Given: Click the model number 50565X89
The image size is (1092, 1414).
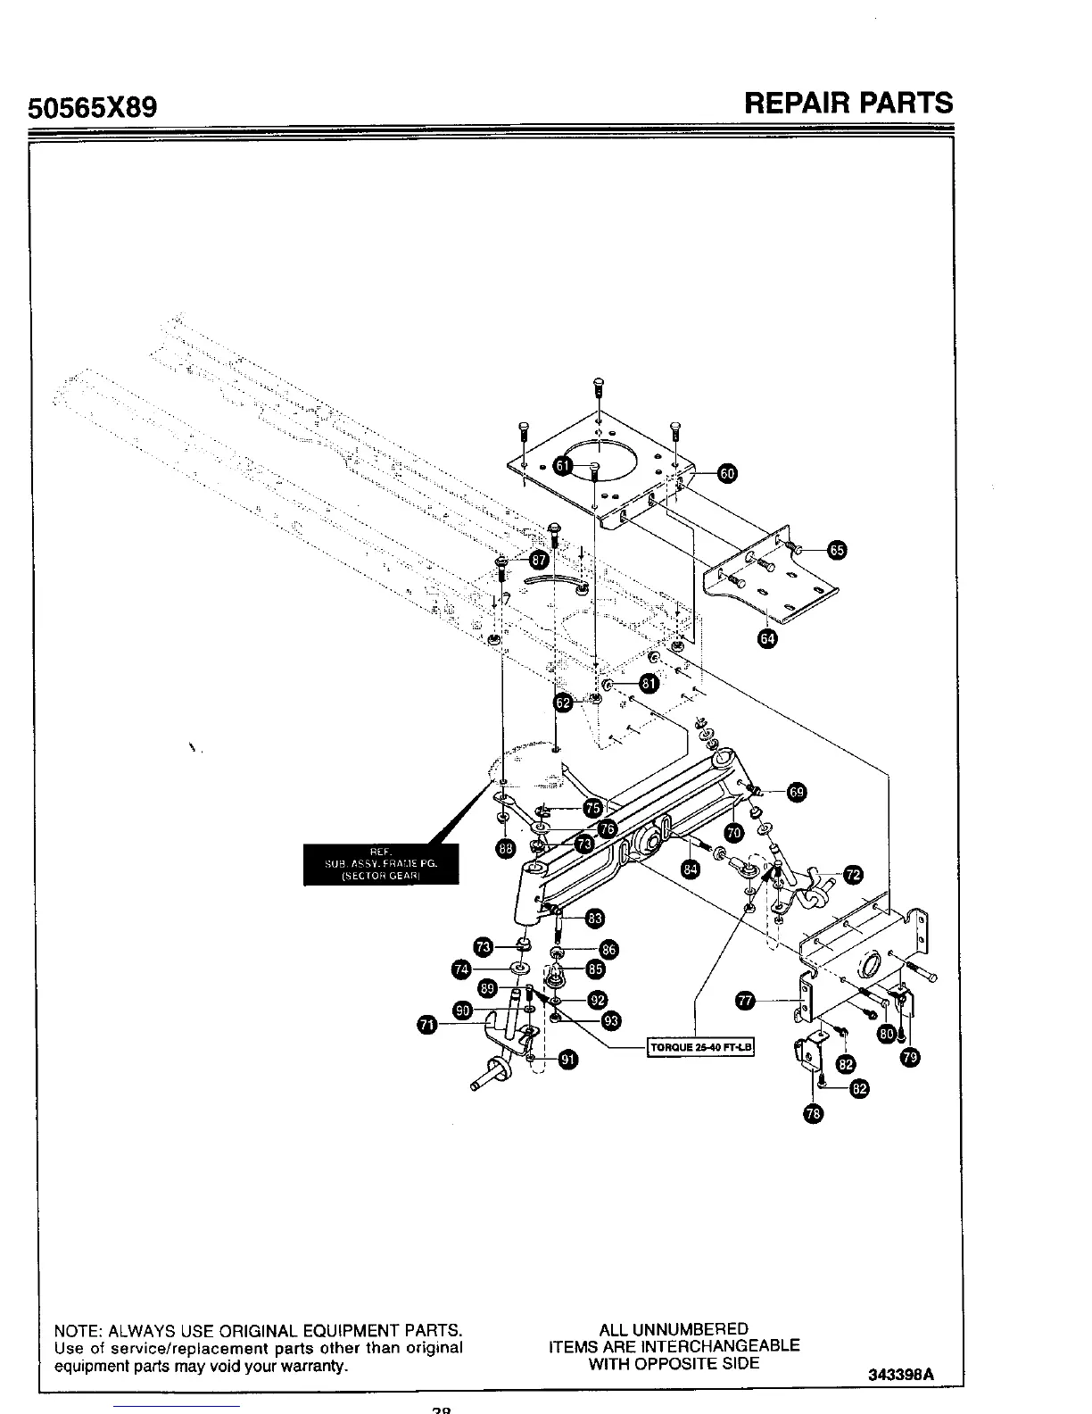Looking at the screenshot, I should [94, 108].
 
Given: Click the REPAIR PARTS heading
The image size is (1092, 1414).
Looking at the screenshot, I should [848, 103].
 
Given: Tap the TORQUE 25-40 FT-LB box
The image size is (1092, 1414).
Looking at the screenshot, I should [700, 1047].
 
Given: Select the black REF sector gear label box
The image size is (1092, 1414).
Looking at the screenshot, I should [381, 863].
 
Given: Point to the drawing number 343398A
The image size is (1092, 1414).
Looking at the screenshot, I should [900, 1375].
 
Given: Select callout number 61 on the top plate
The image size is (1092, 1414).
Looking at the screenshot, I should [563, 465].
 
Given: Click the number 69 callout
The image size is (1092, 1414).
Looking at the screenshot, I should [797, 792].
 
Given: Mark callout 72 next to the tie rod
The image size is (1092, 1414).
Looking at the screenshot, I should [853, 874].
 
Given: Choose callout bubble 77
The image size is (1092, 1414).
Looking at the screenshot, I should [744, 1002].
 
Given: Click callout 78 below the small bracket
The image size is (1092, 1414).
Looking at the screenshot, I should [813, 1112].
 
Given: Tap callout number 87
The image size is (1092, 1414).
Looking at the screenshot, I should [539, 560].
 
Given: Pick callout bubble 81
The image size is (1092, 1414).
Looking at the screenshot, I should [648, 684].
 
